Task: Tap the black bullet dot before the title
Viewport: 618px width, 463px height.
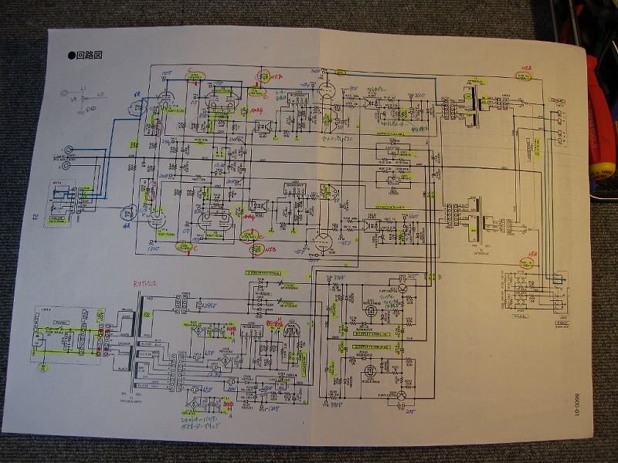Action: [71, 55]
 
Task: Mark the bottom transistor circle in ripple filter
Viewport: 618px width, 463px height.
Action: [400, 397]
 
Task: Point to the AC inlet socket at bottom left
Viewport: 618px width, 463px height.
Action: [41, 339]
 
